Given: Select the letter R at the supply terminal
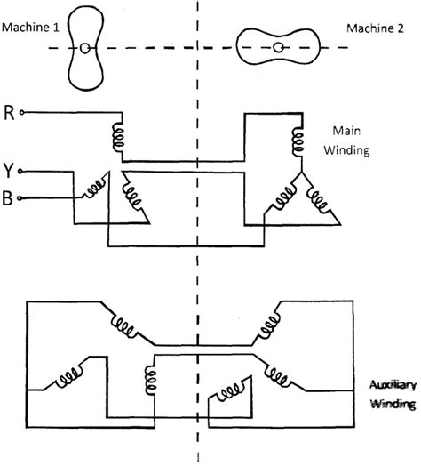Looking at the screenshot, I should tap(9, 114).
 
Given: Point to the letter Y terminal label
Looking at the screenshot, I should tap(9, 169).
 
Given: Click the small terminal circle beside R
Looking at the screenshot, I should tap(23, 114).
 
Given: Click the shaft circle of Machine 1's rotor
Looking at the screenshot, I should tap(84, 48).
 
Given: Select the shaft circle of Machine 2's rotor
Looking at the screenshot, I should tap(279, 47).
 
